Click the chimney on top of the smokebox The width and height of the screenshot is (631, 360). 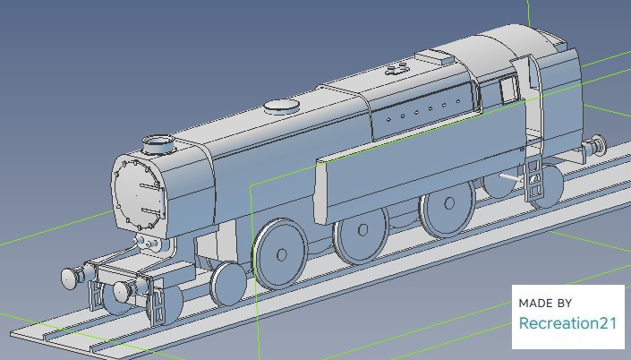[159, 144]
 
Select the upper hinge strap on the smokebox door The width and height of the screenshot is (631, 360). [152, 186]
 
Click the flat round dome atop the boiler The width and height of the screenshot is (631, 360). [282, 107]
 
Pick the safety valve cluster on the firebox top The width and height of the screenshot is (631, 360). [397, 69]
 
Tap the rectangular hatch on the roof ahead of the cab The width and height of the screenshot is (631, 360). [435, 56]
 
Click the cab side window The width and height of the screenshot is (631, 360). [509, 90]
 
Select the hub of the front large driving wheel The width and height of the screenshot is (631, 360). [282, 254]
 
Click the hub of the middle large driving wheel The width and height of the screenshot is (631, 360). [362, 230]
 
